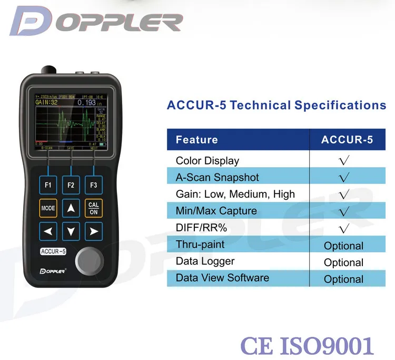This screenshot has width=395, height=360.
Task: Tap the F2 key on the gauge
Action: (x=71, y=185)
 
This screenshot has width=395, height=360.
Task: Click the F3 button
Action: (x=94, y=185)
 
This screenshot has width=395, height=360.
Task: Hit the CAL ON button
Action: (x=94, y=208)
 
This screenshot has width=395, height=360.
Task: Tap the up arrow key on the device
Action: (x=71, y=208)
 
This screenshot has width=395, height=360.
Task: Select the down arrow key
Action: (x=71, y=231)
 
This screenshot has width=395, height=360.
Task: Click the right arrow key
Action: (x=94, y=231)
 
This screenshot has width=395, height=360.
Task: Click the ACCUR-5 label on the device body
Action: (x=53, y=251)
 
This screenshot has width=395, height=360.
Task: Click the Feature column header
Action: (x=196, y=140)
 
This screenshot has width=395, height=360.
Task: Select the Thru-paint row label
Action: (x=200, y=245)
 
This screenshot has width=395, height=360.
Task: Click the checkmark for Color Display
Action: (x=344, y=161)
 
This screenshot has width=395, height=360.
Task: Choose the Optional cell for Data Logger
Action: (x=343, y=262)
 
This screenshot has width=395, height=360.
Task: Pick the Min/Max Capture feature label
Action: (x=216, y=211)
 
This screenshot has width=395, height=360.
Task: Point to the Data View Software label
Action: (x=222, y=278)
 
